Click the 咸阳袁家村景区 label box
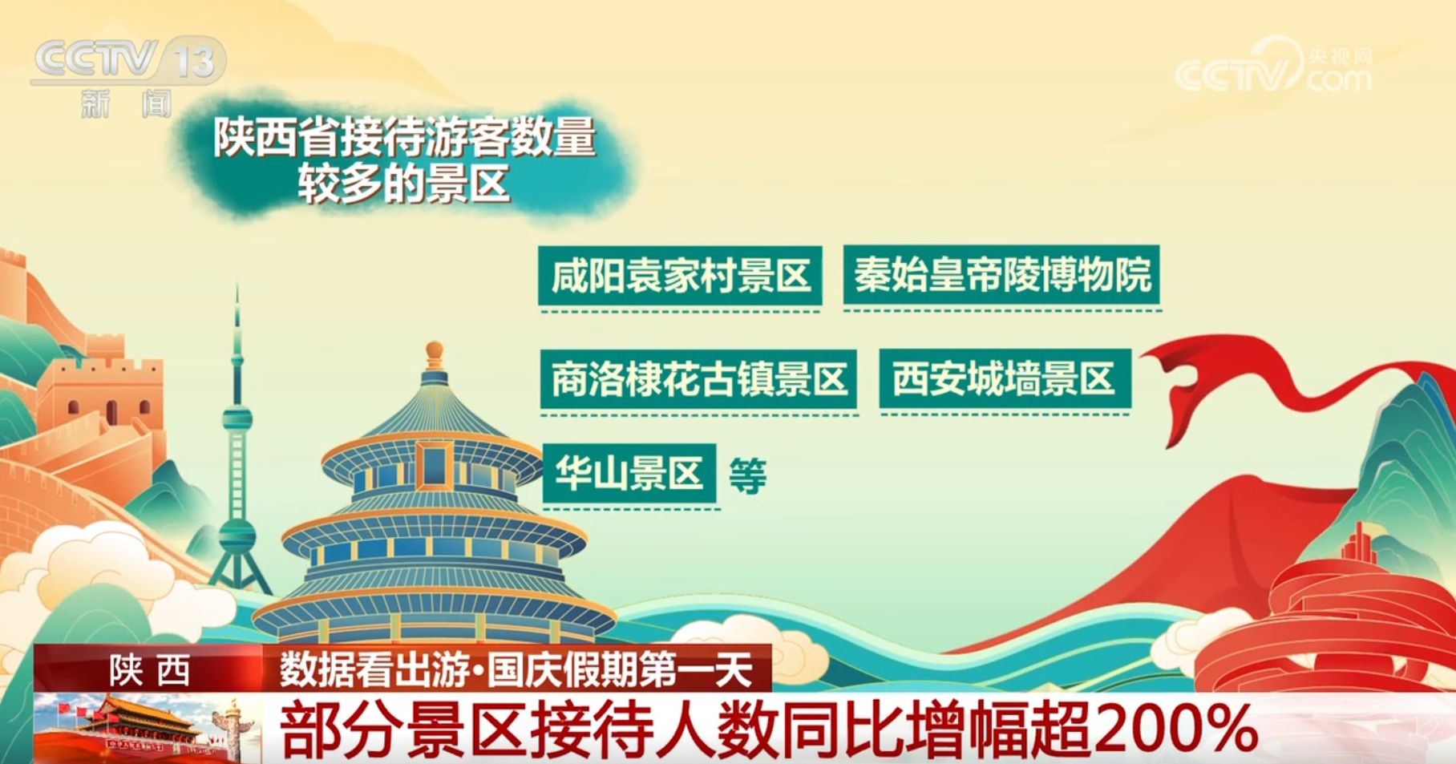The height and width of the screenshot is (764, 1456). coord(680,276)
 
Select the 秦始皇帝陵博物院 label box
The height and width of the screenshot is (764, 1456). coord(1001,275)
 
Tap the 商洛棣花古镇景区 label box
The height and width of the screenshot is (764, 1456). coord(698,379)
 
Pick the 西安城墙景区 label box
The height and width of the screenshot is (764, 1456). coord(1005,378)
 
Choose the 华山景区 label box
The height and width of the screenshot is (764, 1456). coord(629,473)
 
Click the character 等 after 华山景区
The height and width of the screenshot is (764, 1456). coord(747,475)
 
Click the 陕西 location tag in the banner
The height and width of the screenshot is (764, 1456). coord(150,669)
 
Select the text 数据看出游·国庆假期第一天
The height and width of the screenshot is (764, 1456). coord(516,669)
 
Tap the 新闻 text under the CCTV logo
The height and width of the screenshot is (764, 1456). coord(127,103)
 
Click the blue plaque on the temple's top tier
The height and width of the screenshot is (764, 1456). coord(434,465)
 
